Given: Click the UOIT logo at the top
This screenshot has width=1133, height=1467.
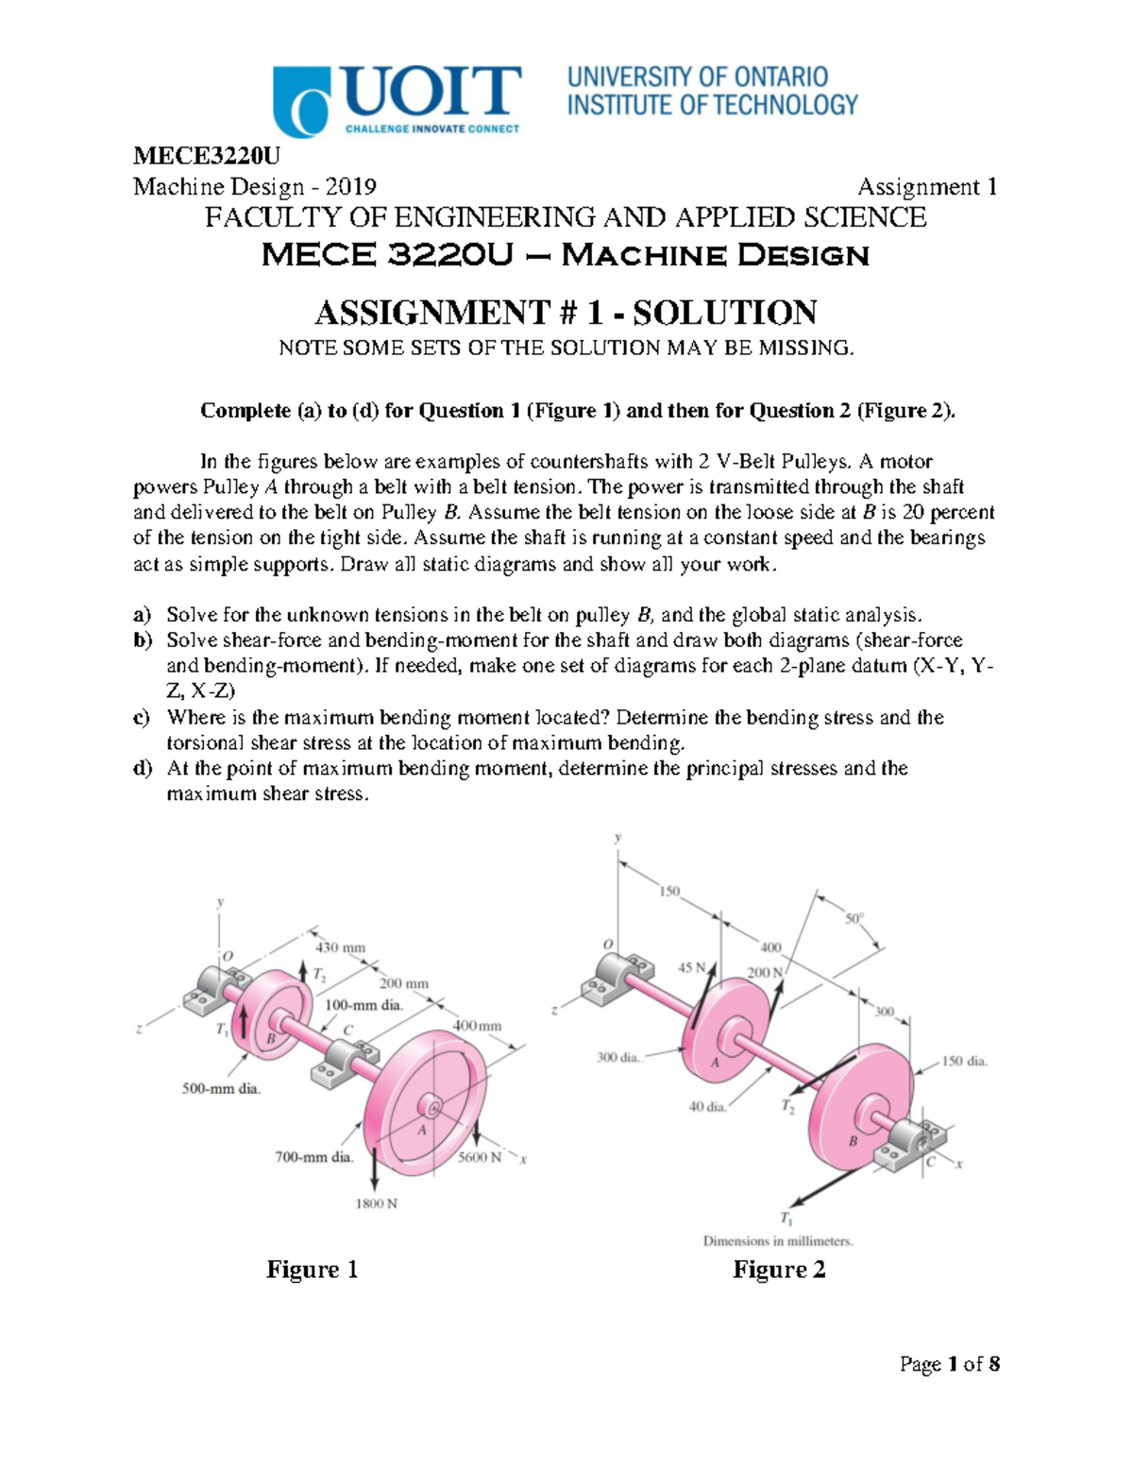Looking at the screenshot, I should [397, 100].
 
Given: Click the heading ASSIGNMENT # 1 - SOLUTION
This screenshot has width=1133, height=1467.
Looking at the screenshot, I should [566, 312].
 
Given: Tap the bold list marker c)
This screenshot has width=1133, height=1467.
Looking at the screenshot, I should [142, 717].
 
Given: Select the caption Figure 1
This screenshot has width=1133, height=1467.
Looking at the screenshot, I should [312, 1269].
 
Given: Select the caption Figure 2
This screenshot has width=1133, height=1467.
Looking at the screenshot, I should [779, 1269].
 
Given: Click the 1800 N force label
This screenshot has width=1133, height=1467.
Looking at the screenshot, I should [376, 1203].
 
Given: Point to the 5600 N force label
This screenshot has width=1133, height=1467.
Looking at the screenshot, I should [479, 1157].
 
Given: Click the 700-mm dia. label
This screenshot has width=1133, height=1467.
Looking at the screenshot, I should [313, 1156].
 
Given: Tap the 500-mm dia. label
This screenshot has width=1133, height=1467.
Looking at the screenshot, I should [221, 1088].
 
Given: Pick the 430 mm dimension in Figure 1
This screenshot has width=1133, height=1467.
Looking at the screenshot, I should [340, 947].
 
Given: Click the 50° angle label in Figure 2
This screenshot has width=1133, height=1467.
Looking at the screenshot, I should [854, 918].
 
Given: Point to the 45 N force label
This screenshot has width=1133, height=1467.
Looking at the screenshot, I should [692, 967].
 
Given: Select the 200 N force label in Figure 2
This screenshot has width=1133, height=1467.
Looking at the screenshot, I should [765, 972].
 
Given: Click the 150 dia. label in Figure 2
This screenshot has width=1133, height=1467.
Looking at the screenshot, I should [964, 1061].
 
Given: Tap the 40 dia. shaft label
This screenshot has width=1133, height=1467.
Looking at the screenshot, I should [707, 1106].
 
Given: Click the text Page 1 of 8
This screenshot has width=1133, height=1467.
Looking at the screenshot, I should [950, 1364].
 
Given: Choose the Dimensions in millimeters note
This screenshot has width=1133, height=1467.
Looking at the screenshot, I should [777, 1241].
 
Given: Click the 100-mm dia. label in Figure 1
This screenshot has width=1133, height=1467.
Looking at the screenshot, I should [364, 1005].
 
